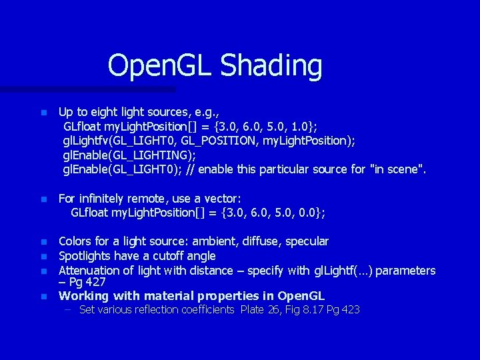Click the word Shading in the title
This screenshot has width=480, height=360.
coord(271,66)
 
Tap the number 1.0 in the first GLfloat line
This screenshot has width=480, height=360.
coord(299,126)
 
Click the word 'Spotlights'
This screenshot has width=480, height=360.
coord(85,256)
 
